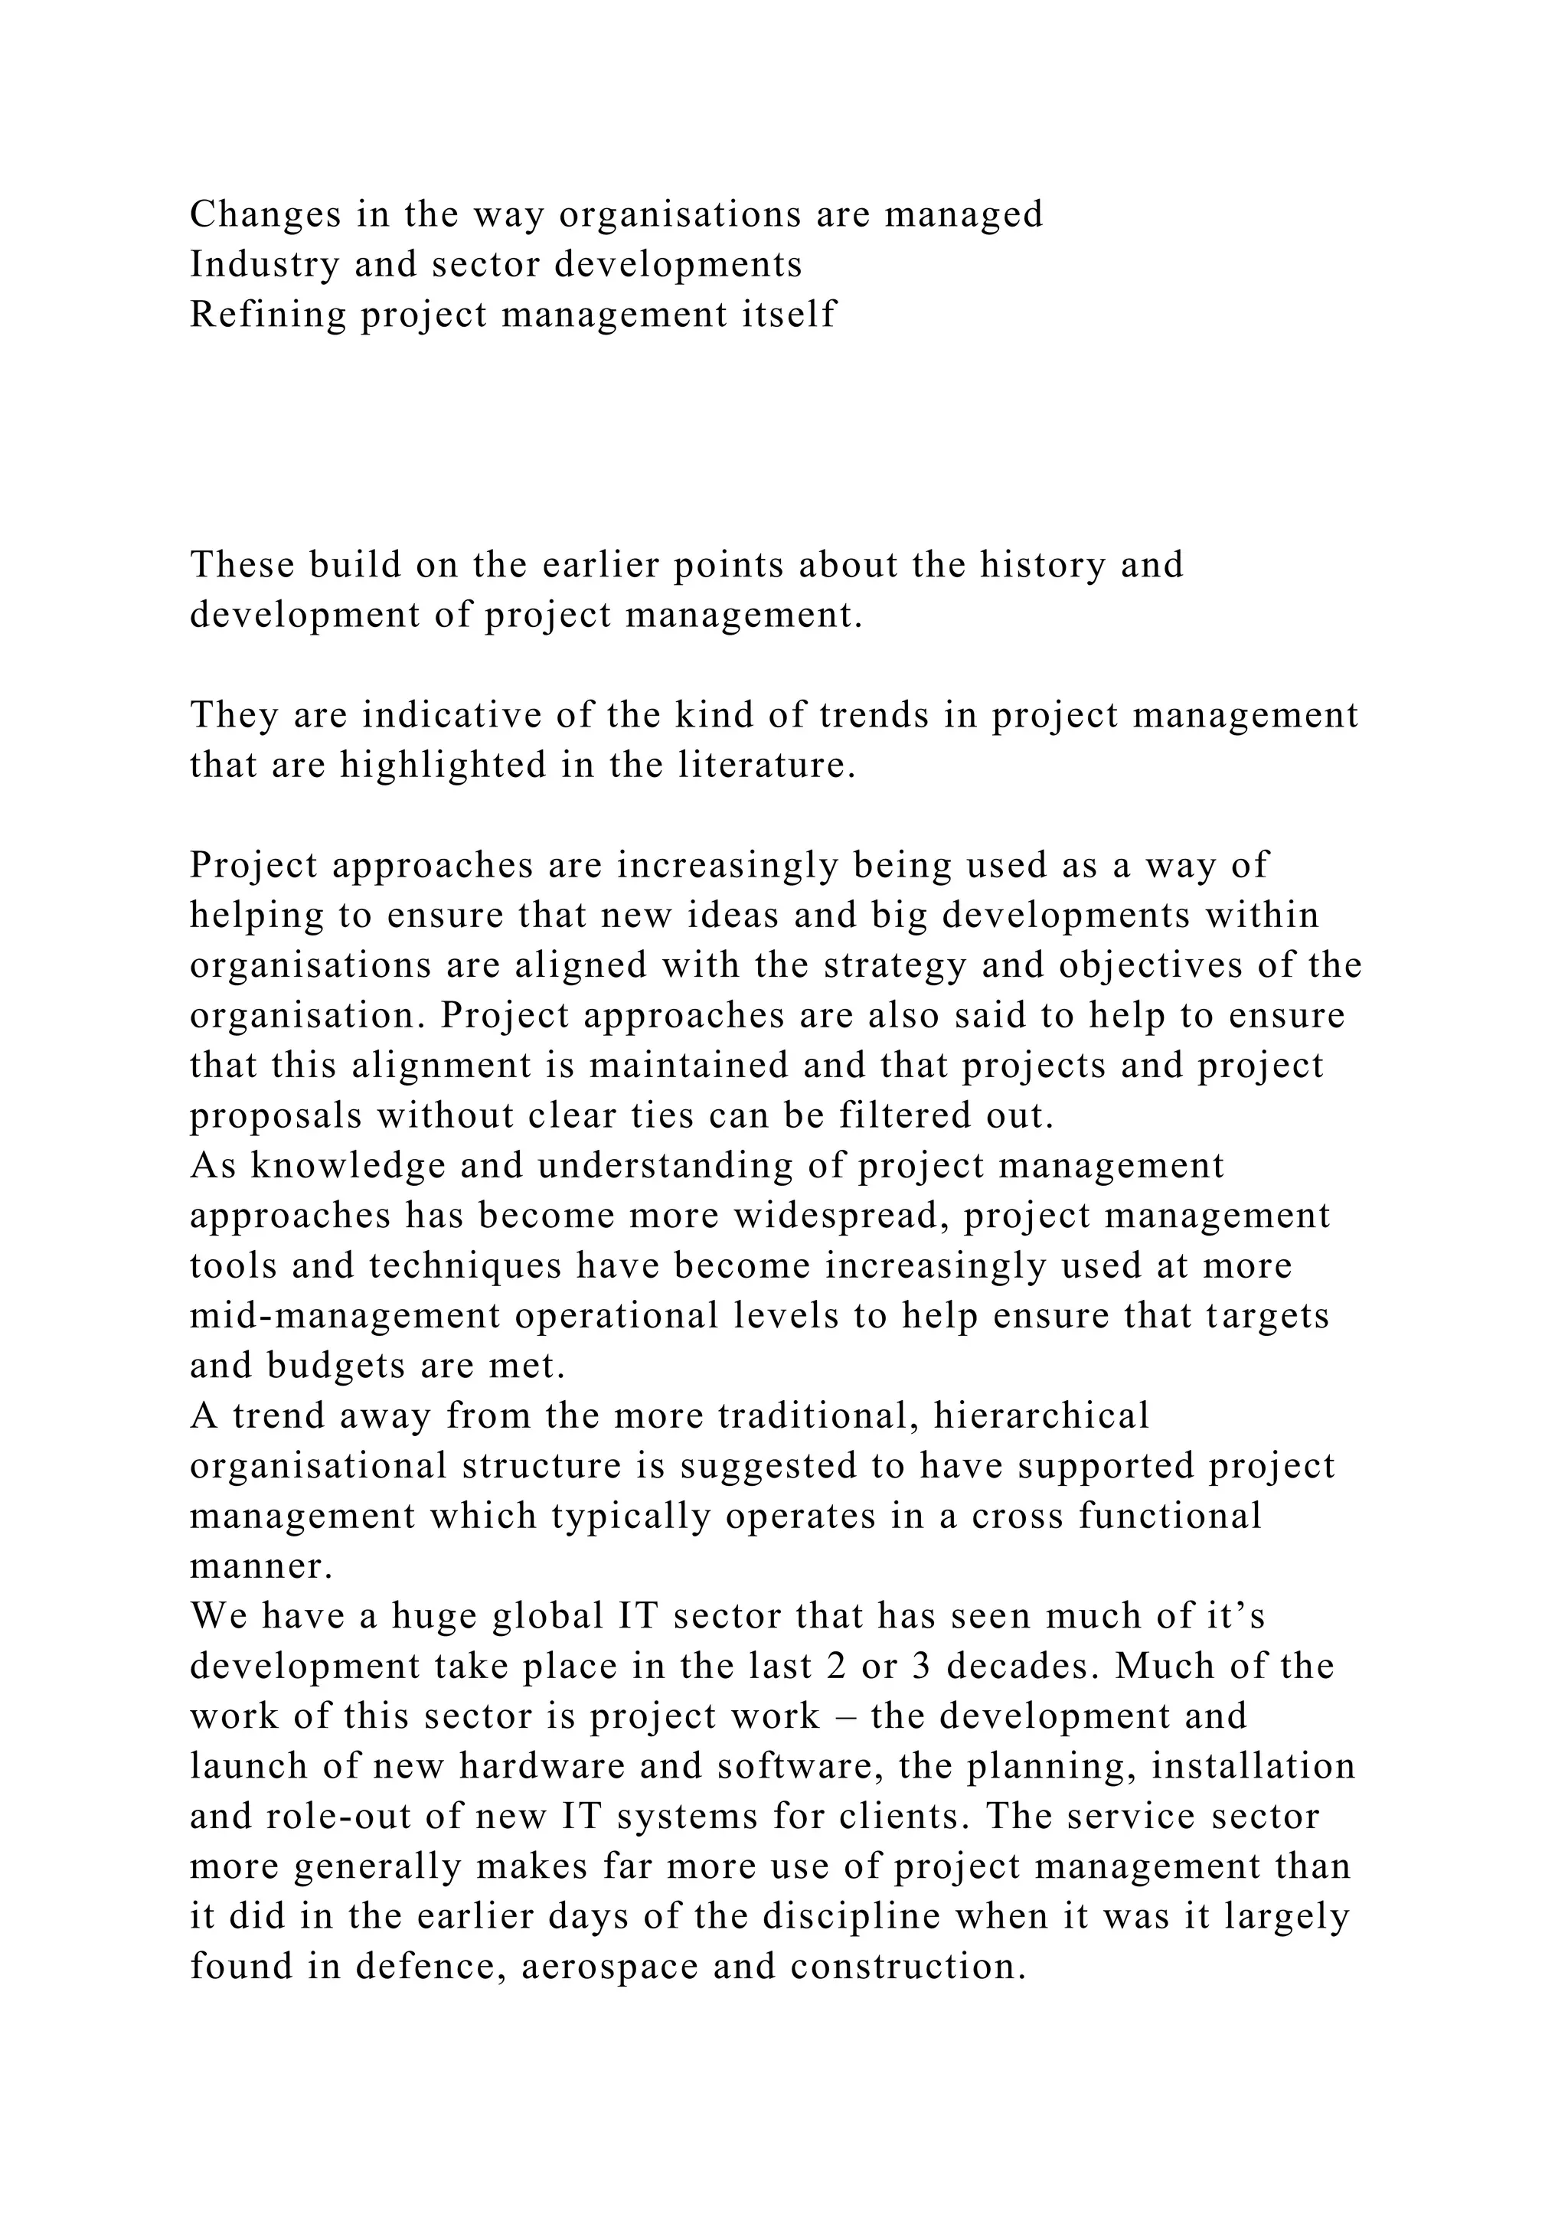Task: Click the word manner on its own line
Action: (x=260, y=1567)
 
